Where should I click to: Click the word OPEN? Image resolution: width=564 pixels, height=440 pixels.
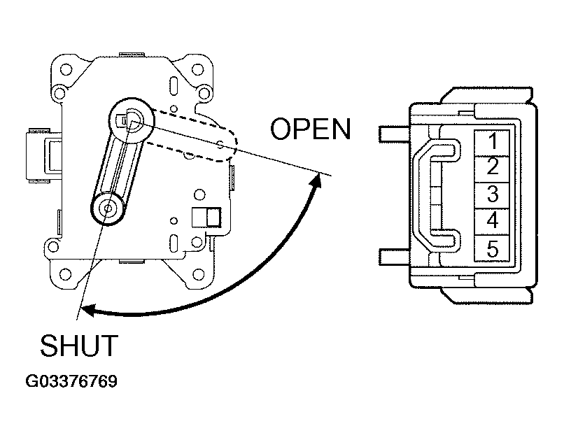pyautogui.click(x=311, y=129)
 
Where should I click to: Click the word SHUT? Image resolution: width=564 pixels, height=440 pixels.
pyautogui.click(x=79, y=346)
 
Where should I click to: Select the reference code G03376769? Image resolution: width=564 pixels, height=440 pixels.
pyautogui.click(x=71, y=381)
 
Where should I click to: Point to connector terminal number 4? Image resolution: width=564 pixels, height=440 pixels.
pyautogui.click(x=492, y=222)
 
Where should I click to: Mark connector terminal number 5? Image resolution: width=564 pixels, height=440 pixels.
pyautogui.click(x=492, y=248)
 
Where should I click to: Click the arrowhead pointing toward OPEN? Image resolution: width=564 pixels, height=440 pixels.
pyautogui.click(x=316, y=180)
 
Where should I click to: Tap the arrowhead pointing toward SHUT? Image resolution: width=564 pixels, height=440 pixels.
pyautogui.click(x=88, y=310)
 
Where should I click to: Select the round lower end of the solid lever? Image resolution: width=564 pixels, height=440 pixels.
pyautogui.click(x=107, y=208)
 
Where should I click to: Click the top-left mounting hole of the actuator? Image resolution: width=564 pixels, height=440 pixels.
pyautogui.click(x=66, y=69)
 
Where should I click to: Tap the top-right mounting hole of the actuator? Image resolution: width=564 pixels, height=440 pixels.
pyautogui.click(x=197, y=69)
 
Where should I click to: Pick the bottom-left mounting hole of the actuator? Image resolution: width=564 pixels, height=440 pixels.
pyautogui.click(x=65, y=274)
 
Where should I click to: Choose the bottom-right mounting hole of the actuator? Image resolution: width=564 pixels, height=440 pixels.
pyautogui.click(x=198, y=275)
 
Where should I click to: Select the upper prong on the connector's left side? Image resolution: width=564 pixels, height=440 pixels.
pyautogui.click(x=394, y=134)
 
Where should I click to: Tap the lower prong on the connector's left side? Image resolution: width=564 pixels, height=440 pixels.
pyautogui.click(x=394, y=257)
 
